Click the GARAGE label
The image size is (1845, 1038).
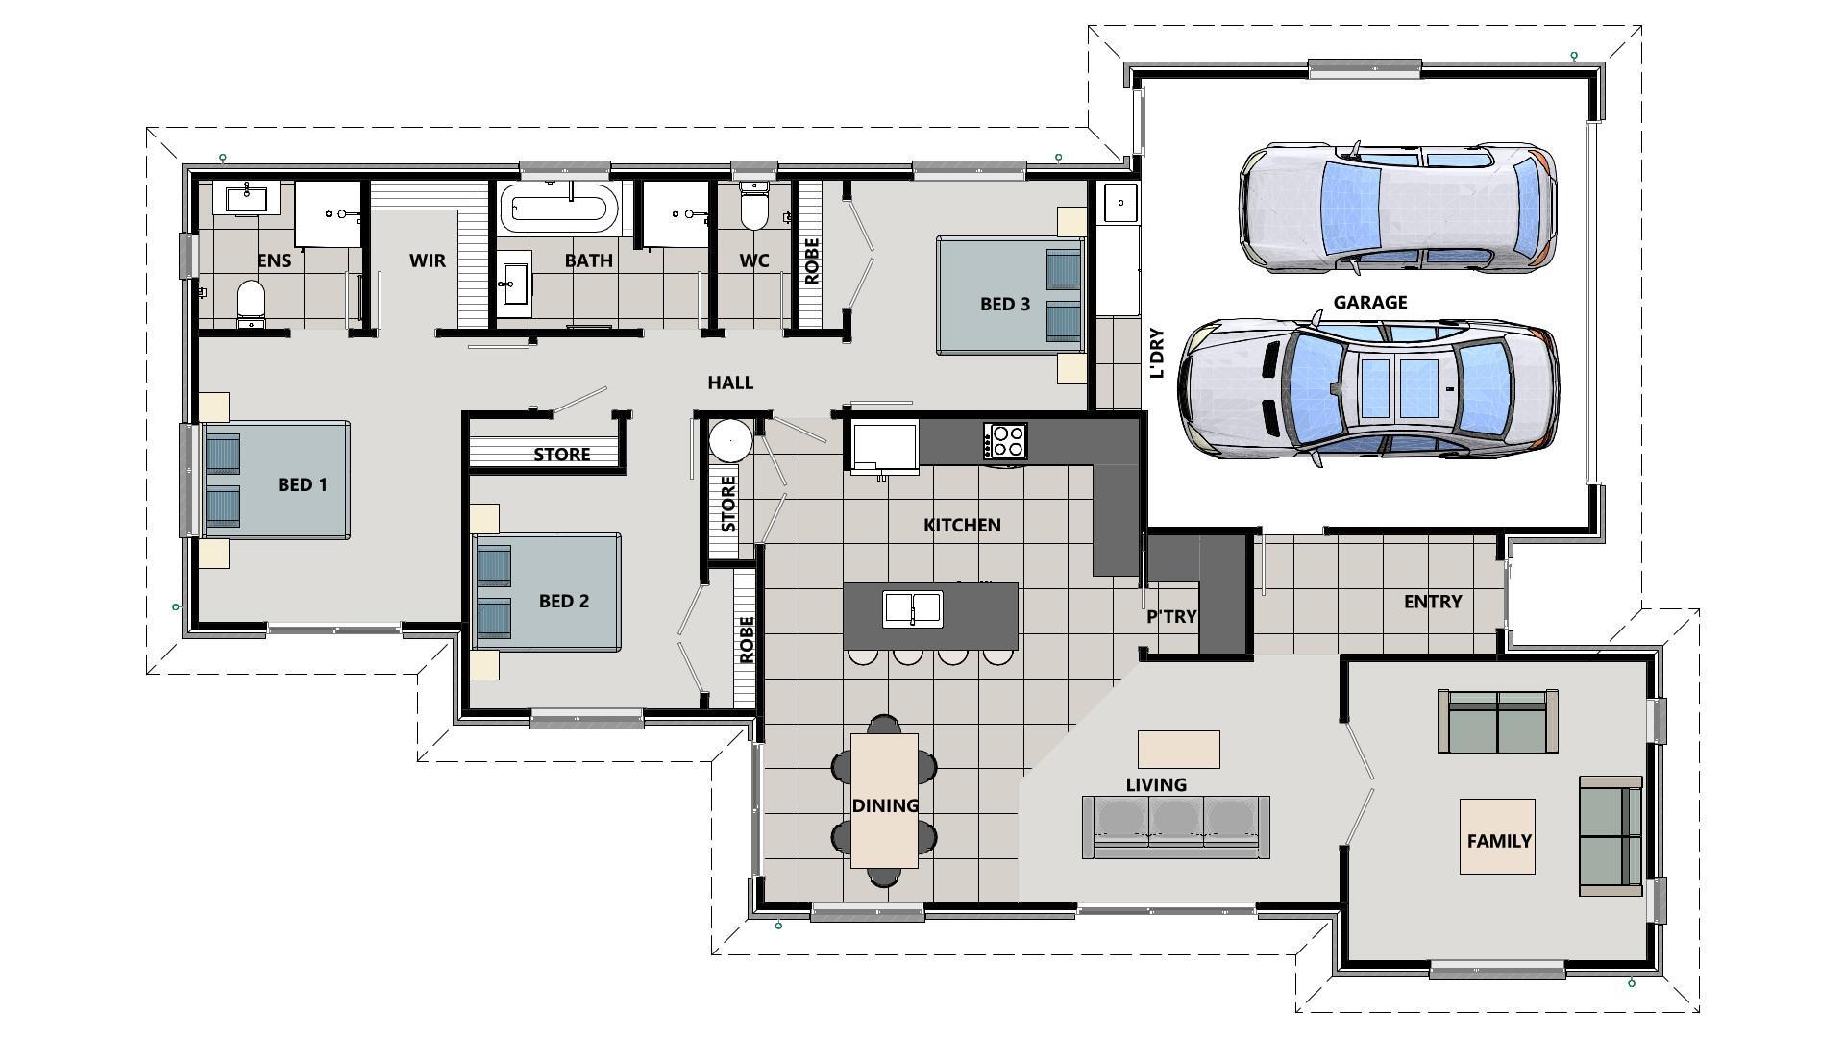[1369, 302]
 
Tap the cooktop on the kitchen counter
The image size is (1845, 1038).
[1005, 441]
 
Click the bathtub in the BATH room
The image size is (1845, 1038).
[559, 209]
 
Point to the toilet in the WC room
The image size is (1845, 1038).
[755, 210]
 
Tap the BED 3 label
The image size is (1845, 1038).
[1004, 304]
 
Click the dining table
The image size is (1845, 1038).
[884, 800]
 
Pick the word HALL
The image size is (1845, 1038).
[730, 383]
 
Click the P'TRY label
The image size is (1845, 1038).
[1171, 616]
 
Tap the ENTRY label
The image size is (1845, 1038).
[1432, 602]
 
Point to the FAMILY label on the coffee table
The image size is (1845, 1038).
[1498, 841]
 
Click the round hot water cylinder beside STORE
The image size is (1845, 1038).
[730, 441]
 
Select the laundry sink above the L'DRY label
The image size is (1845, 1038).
[1119, 203]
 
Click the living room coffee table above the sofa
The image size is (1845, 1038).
[1178, 749]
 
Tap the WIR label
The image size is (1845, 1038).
[427, 260]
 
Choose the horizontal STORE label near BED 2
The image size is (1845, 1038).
[561, 454]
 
